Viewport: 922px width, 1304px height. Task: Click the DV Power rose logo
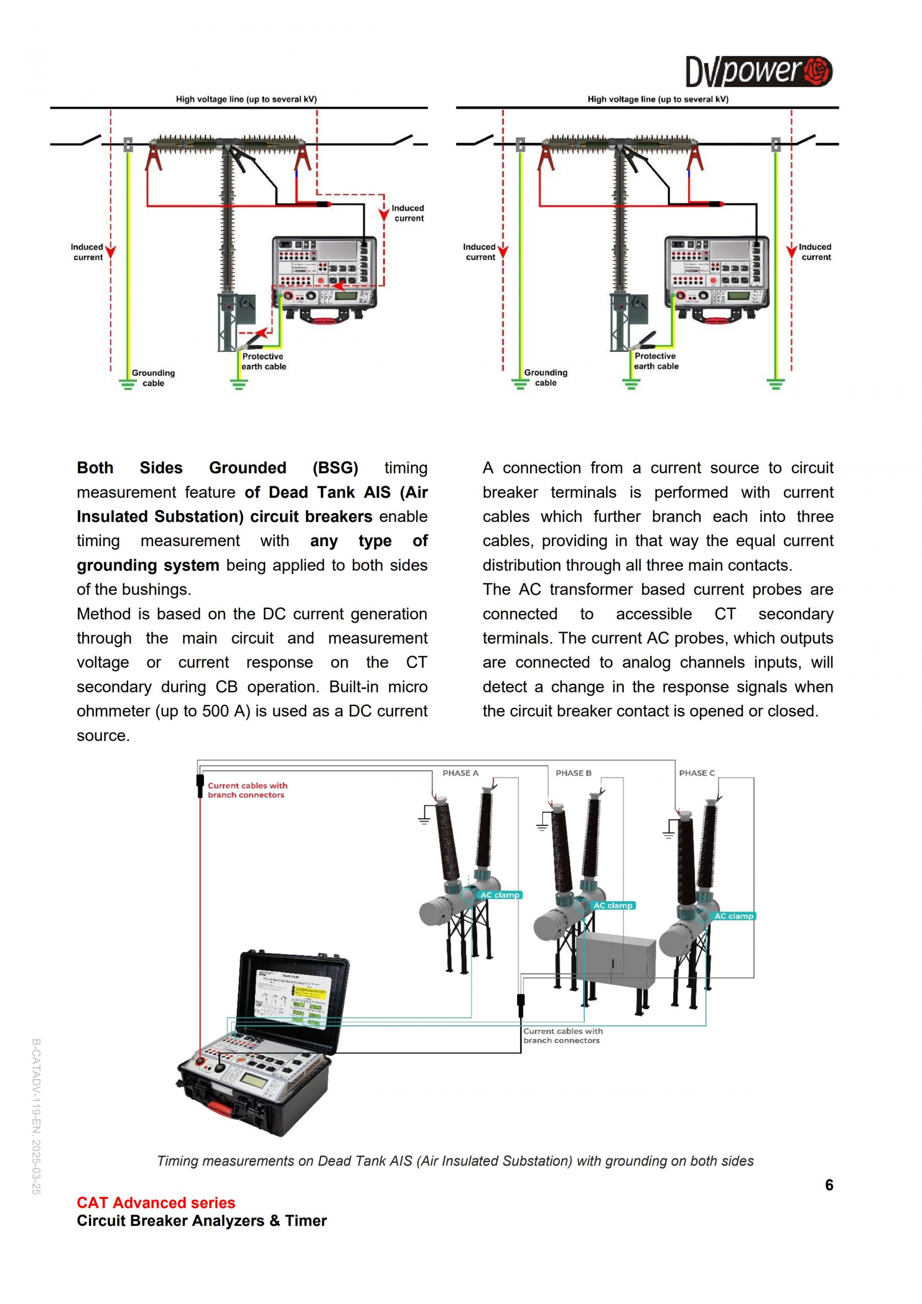817,72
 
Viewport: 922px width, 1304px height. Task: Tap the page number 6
829,1185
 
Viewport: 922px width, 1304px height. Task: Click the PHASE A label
461,773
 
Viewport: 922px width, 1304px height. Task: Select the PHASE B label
573,773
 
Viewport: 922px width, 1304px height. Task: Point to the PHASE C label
697,773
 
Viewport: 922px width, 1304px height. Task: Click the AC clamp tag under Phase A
499,895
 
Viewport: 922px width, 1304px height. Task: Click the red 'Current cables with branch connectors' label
247,790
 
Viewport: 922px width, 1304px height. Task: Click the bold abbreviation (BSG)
335,468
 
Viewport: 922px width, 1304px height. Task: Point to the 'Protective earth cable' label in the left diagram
264,361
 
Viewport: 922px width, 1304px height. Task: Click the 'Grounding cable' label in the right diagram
546,378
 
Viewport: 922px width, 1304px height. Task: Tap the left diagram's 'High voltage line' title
246,99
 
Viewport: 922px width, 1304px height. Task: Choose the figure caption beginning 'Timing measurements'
455,1161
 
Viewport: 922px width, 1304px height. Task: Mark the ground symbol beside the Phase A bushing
424,818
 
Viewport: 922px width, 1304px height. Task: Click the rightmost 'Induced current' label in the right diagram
815,252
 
